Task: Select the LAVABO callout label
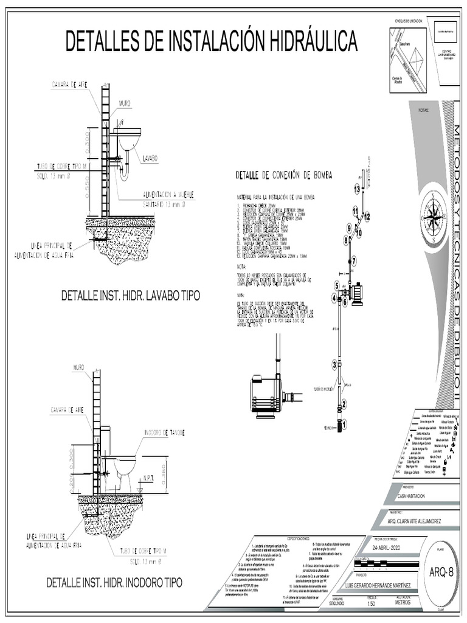point(150,158)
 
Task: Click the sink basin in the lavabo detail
point(129,139)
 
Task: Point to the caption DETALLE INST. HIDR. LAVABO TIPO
point(131,296)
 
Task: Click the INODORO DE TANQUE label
point(164,432)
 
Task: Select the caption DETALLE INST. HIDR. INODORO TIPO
point(114,582)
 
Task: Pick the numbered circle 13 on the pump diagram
point(358,189)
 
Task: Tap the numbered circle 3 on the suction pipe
point(334,364)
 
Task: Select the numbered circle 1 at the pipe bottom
point(344,424)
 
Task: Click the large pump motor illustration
point(266,397)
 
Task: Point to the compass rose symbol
point(434,215)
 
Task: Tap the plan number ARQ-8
point(442,571)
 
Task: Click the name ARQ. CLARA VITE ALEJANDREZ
point(414,521)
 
